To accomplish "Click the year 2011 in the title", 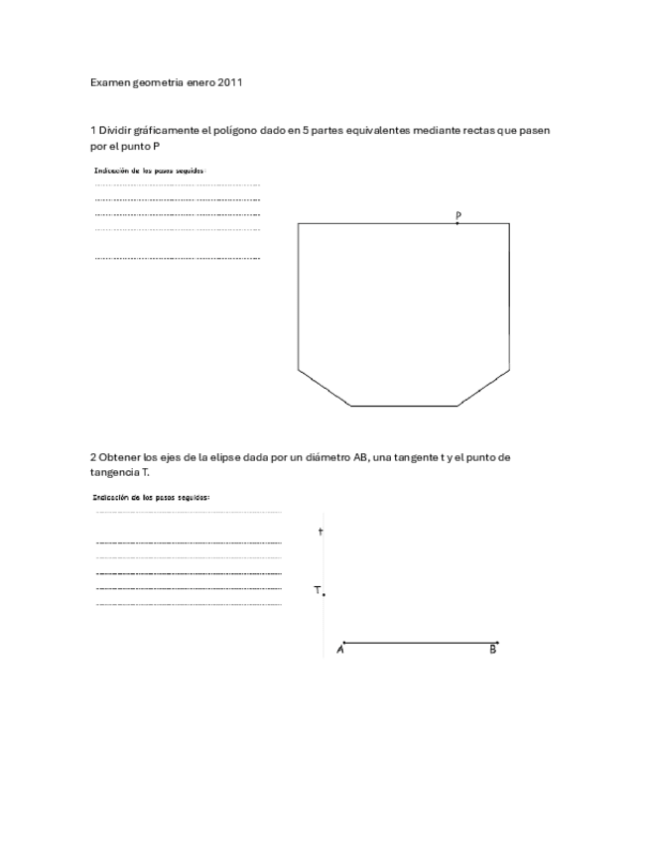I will tap(230, 83).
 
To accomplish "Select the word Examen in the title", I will tap(109, 83).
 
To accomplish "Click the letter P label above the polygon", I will tap(457, 214).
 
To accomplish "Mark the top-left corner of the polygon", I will tap(299, 224).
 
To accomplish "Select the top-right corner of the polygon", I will tap(510, 224).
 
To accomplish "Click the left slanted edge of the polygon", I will tap(325, 388).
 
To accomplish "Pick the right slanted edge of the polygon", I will tap(484, 388).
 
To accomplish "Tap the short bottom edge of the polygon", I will tap(404, 406).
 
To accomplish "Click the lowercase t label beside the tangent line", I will tap(321, 533).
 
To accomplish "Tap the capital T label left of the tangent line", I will tap(317, 590).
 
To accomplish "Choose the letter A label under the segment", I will tap(340, 650).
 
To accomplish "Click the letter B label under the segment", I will tap(492, 650).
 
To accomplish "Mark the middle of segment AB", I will tap(420, 643).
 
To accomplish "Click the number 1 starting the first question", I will tap(92, 130).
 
